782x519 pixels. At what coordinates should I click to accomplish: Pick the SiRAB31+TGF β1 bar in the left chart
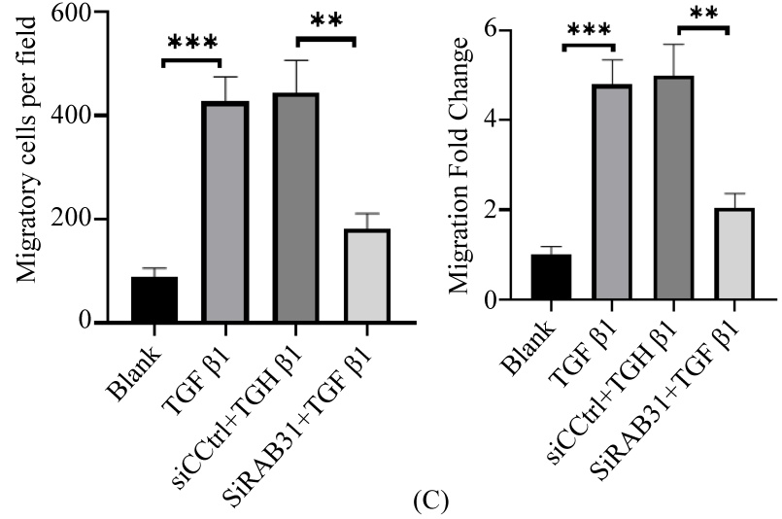pyautogui.click(x=366, y=276)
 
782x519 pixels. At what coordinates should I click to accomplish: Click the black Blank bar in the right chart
pyautogui.click(x=550, y=277)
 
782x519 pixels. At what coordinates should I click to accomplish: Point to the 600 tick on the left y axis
pyautogui.click(x=74, y=13)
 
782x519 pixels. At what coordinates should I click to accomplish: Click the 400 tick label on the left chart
pyautogui.click(x=74, y=116)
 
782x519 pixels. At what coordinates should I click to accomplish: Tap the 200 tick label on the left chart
pyautogui.click(x=74, y=219)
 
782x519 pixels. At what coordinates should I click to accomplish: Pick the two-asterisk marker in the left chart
pyautogui.click(x=327, y=21)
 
